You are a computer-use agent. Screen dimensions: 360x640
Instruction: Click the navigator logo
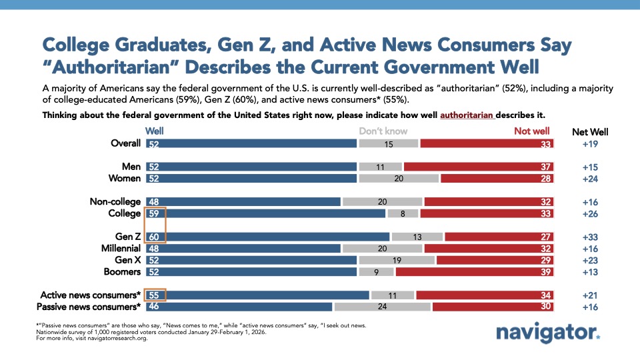click(548, 333)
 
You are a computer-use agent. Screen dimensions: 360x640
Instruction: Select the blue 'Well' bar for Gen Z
click(267, 237)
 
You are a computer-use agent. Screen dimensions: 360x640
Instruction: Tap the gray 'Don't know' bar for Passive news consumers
click(382, 307)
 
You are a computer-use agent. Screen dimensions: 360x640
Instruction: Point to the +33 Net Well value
click(590, 237)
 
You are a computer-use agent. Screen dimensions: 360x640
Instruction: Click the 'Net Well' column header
click(590, 131)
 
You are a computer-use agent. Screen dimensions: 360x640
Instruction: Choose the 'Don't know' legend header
click(383, 131)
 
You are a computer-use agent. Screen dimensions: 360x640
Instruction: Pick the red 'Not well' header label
click(531, 131)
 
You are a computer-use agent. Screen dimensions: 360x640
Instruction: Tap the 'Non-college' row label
click(115, 201)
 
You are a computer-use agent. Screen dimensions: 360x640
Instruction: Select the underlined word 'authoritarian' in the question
click(467, 115)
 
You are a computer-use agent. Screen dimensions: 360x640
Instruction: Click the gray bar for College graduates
click(403, 213)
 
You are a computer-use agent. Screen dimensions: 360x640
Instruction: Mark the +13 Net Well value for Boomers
click(590, 272)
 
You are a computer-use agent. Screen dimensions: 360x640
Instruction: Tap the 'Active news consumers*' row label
click(91, 295)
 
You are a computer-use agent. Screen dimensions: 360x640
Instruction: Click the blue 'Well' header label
click(155, 131)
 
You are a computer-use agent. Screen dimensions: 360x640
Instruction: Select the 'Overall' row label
click(125, 143)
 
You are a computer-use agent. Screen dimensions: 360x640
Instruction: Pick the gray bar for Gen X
click(397, 260)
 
